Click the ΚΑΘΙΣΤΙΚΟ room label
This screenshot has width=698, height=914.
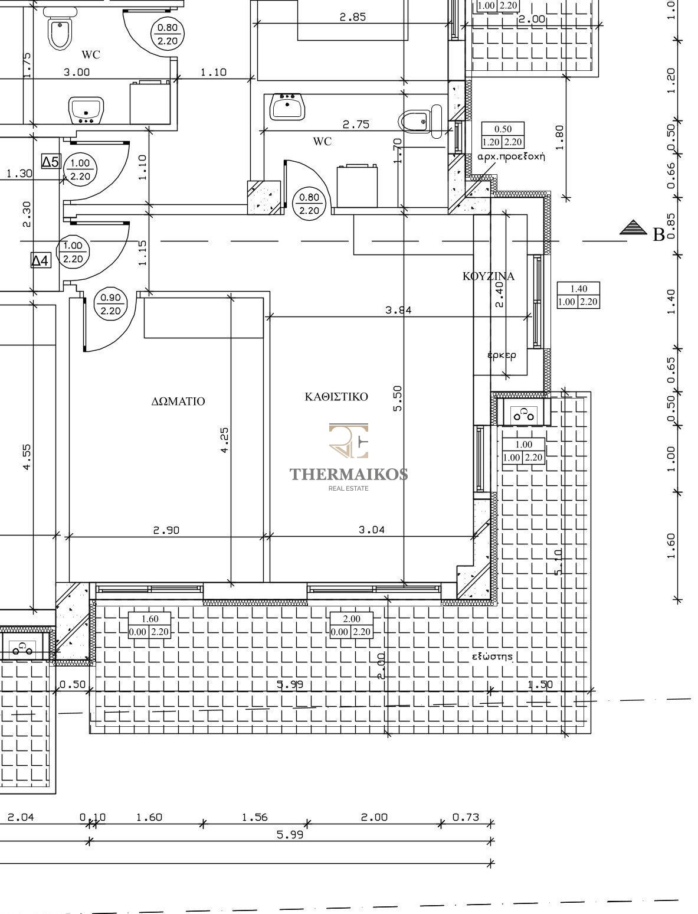336,396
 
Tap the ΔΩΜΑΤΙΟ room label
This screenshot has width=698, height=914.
178,401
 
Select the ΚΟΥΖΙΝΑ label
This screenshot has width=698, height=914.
489,276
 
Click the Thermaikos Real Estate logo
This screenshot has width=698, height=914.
349,457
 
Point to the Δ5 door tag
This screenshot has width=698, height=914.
51,162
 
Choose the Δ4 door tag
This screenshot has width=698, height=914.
41,260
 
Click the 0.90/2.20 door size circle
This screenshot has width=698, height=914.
110,304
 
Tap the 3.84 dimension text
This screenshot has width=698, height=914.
398,310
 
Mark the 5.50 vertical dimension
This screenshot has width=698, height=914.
398,399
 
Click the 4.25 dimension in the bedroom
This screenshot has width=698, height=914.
224,440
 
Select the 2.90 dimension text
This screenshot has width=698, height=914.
166,530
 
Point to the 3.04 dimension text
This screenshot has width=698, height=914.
372,530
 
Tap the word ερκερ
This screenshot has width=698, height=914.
502,355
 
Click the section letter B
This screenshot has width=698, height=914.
658,235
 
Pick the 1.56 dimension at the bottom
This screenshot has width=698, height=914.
254,817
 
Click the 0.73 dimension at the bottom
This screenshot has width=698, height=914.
466,817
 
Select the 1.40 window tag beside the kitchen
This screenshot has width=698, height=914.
578,295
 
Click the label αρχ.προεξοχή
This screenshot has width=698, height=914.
511,157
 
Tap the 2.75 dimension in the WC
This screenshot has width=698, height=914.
356,124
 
